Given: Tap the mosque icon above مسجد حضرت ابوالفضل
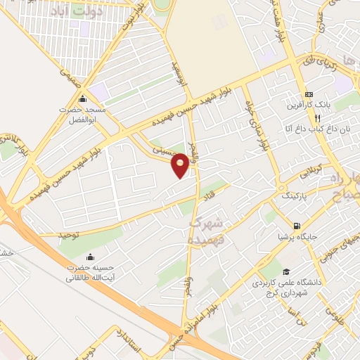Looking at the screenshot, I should pyautogui.click(x=83, y=98).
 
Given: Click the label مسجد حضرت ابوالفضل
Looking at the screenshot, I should pyautogui.click(x=81, y=115).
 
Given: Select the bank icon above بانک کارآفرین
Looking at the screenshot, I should pyautogui.click(x=308, y=95).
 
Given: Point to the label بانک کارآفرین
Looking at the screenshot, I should pyautogui.click(x=307, y=105).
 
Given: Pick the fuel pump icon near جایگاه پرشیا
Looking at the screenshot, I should pyautogui.click(x=297, y=227).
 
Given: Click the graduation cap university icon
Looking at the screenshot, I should pyautogui.click(x=285, y=272).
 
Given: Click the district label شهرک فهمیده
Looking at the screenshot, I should pyautogui.click(x=207, y=230).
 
